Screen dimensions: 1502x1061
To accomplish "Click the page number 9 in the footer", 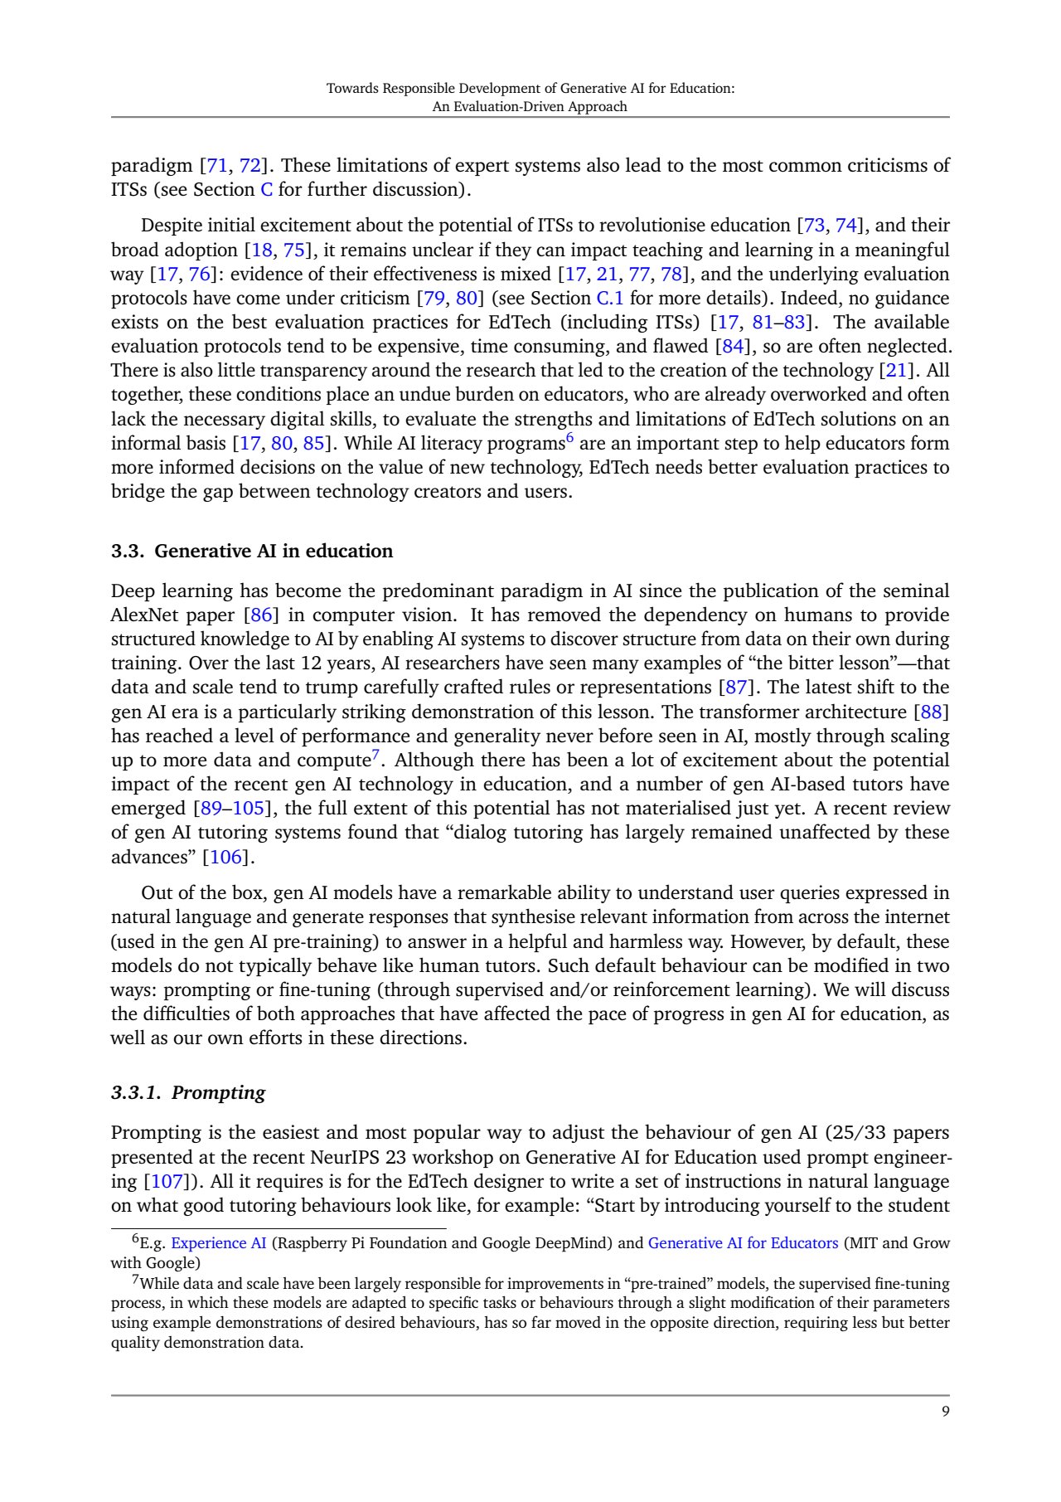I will tap(945, 1412).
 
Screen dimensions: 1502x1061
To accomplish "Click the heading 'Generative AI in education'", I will tap(274, 552).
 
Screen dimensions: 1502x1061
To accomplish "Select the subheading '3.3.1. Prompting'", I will tap(188, 1092).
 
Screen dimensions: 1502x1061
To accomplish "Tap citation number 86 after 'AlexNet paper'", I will tap(261, 615).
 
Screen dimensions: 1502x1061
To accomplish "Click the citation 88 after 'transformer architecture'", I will tap(931, 712).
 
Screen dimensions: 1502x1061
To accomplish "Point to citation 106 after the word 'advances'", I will tap(225, 857).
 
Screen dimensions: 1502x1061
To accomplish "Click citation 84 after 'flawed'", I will tap(734, 347).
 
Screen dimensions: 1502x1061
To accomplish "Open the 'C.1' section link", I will tap(609, 299).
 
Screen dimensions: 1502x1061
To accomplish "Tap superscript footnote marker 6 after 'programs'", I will tap(570, 437).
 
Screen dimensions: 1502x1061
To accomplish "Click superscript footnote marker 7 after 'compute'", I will tap(375, 754).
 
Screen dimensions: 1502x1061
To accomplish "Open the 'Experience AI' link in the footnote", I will tap(218, 1243).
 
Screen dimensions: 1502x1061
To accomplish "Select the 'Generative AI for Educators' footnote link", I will tap(743, 1243).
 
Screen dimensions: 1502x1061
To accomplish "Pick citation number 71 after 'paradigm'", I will tap(216, 166).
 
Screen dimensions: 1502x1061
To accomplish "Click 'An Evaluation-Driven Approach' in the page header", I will tap(530, 106).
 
